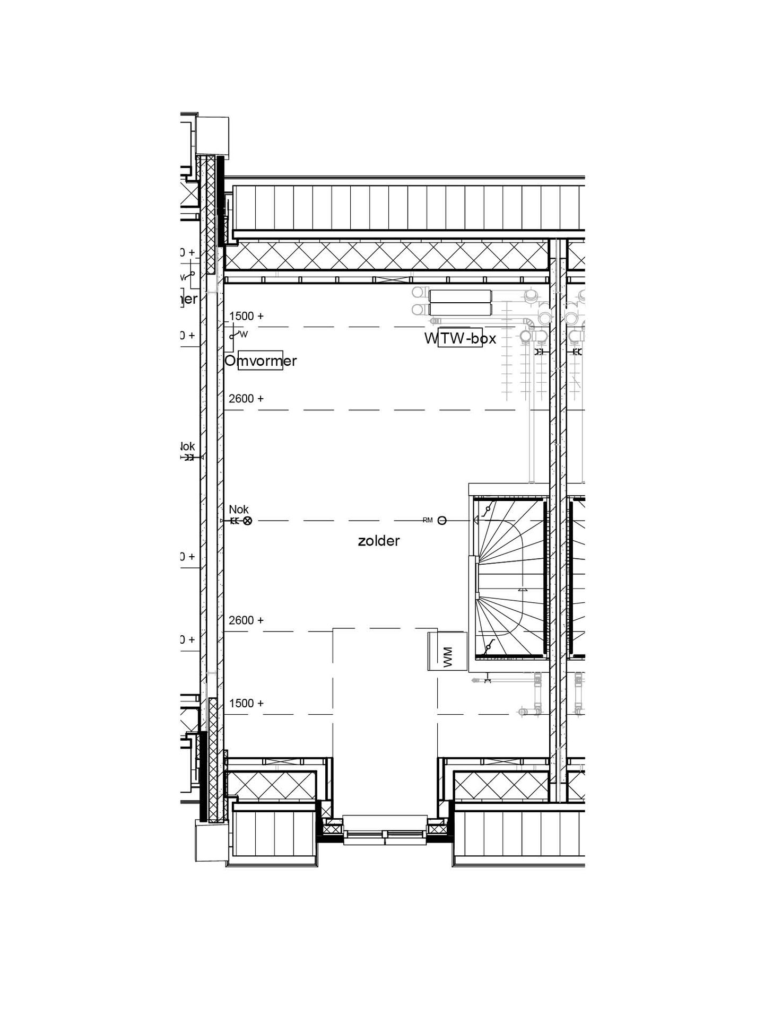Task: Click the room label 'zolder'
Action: tap(378, 541)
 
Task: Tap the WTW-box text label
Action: tap(460, 339)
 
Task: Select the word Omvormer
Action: tap(261, 361)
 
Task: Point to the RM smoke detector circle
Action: tap(442, 521)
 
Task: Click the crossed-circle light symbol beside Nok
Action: tap(247, 521)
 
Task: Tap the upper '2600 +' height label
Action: tap(246, 399)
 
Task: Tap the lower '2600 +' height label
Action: tap(246, 620)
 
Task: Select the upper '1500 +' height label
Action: tap(246, 316)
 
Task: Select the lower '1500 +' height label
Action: tap(246, 704)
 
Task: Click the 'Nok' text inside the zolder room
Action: tap(239, 510)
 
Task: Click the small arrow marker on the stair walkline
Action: tap(523, 590)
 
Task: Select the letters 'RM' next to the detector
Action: tap(428, 521)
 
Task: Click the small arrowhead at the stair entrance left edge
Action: tap(476, 522)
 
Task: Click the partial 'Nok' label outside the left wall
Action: tap(188, 446)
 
